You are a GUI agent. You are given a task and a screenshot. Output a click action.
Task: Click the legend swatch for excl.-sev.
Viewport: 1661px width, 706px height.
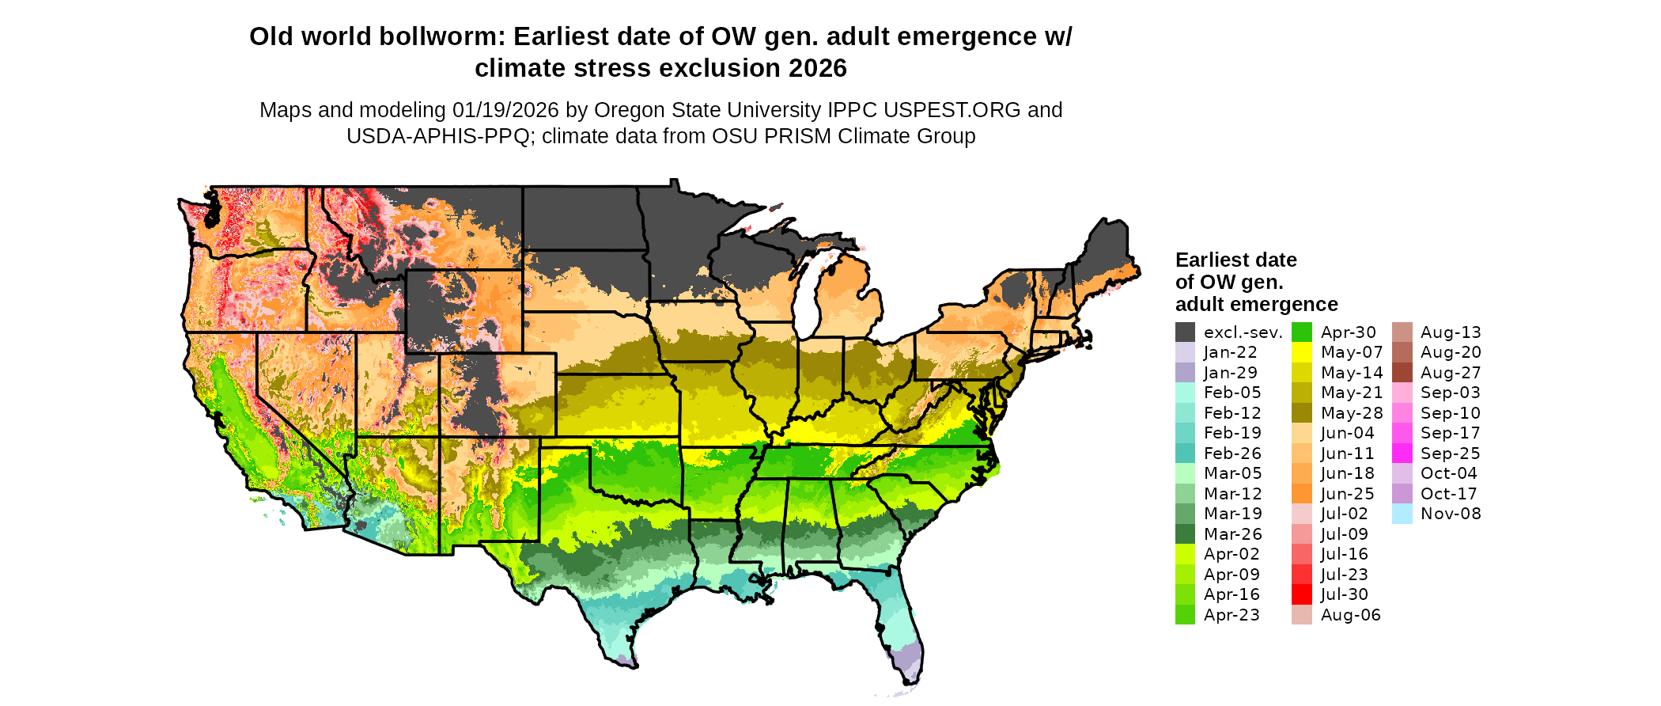[x=1185, y=332]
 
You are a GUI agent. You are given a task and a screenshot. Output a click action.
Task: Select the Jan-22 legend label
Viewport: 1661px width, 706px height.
[x=1230, y=353]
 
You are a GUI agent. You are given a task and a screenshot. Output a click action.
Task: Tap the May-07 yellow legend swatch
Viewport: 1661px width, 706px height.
[x=1302, y=353]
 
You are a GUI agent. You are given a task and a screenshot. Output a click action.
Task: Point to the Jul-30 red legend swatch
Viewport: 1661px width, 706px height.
[x=1302, y=594]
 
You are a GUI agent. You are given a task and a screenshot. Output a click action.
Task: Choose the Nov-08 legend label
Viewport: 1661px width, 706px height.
[x=1450, y=514]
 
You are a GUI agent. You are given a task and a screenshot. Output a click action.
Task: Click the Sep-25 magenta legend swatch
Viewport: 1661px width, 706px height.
[x=1402, y=454]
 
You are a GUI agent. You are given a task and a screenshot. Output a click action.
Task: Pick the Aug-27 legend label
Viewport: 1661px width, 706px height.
[x=1450, y=373]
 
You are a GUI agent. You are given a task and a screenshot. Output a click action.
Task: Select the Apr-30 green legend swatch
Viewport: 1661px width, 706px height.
[x=1302, y=332]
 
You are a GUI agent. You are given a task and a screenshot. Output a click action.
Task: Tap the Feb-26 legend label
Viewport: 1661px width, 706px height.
[x=1232, y=454]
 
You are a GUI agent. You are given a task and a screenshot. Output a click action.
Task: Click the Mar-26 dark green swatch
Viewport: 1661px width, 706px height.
[x=1185, y=534]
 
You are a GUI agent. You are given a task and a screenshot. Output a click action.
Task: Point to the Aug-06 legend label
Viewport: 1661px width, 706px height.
[x=1350, y=615]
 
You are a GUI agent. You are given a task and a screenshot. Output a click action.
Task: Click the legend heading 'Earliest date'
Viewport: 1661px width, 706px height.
[x=1235, y=260]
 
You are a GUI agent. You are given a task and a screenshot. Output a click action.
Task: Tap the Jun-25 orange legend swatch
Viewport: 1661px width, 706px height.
[x=1302, y=494]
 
